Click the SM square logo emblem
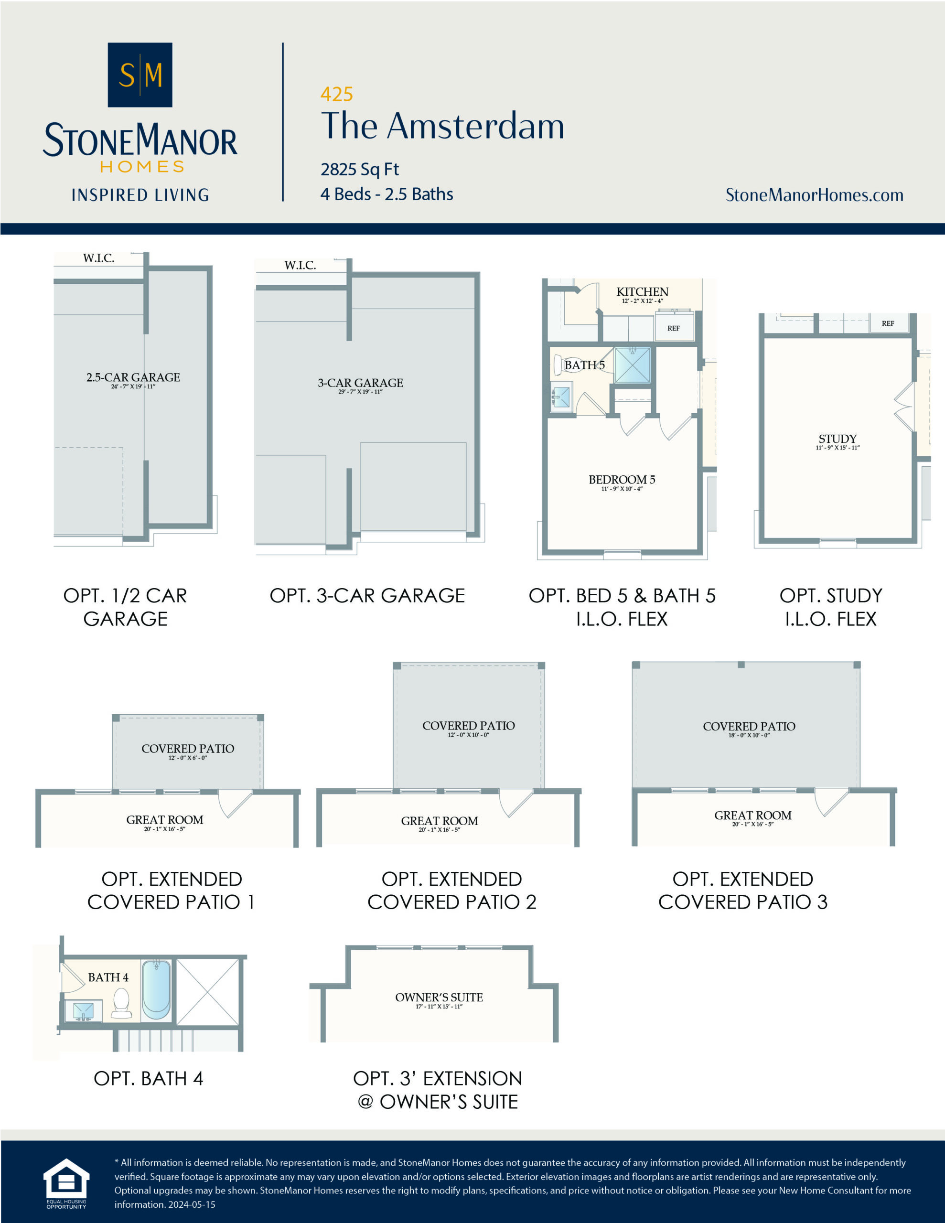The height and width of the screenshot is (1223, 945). (x=140, y=75)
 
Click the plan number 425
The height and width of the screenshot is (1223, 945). (x=337, y=94)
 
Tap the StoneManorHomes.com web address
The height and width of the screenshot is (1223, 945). (x=814, y=195)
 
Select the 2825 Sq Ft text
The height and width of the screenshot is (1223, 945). (x=360, y=169)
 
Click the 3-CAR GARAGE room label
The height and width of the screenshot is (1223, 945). (x=360, y=383)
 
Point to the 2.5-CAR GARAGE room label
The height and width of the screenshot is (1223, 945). (x=133, y=377)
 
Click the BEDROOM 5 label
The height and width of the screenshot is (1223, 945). (x=621, y=480)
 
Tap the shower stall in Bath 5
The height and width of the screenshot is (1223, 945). (x=633, y=365)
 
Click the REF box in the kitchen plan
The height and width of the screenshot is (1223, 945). (x=673, y=328)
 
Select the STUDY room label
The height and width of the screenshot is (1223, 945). (x=837, y=439)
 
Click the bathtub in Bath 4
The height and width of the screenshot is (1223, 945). (x=156, y=990)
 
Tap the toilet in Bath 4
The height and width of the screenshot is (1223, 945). (x=121, y=1002)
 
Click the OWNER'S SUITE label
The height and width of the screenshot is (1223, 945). (x=439, y=998)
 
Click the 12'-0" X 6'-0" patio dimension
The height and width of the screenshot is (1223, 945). (x=188, y=758)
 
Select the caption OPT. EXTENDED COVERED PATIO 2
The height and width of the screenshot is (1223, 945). (x=451, y=890)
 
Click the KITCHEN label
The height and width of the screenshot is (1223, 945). (x=642, y=292)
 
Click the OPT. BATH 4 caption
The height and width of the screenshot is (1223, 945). (x=149, y=1079)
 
